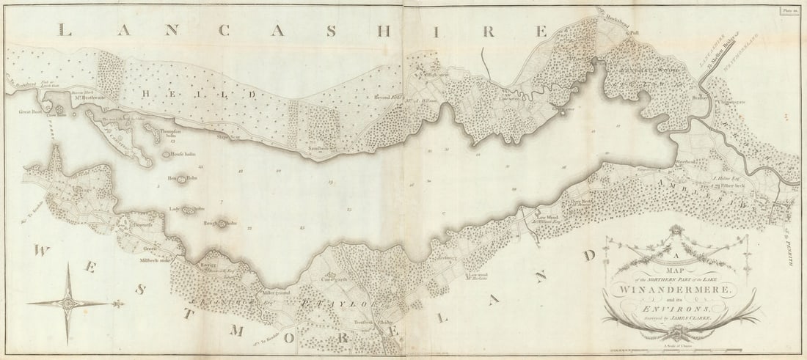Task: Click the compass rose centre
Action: tap(67, 302)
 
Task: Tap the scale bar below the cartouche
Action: tap(678, 353)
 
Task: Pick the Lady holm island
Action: tap(189, 210)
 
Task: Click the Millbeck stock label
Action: tap(155, 260)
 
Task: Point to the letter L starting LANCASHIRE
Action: tap(65, 30)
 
